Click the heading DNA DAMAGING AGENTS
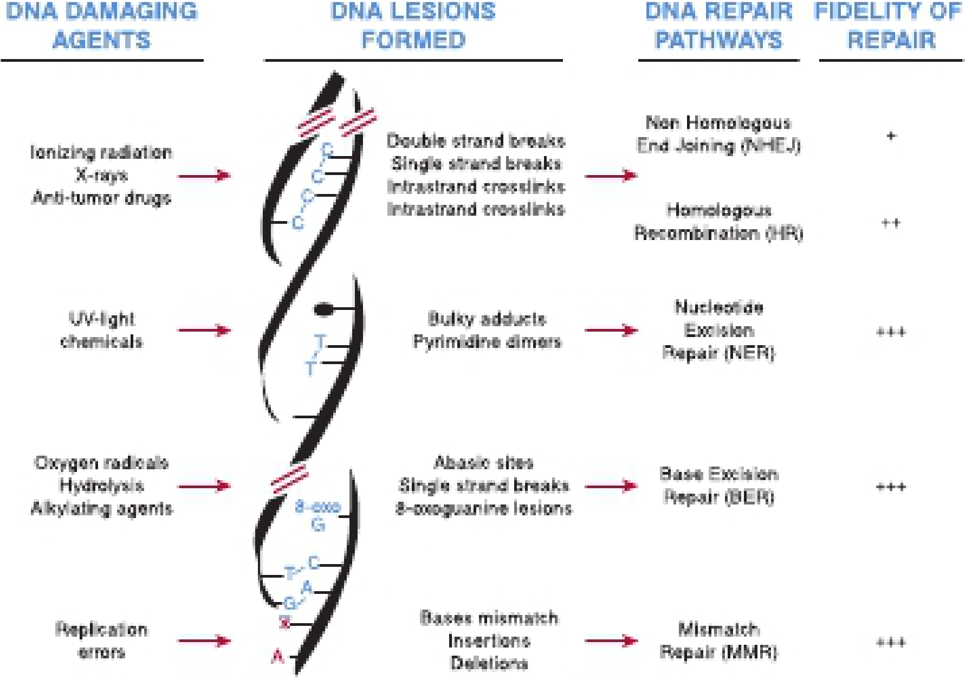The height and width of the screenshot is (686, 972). click(102, 25)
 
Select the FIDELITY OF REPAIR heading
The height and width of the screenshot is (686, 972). click(889, 25)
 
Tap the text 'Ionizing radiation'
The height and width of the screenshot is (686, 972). click(101, 152)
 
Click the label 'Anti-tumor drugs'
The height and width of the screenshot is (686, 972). click(101, 198)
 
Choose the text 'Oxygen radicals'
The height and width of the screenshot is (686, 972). click(101, 463)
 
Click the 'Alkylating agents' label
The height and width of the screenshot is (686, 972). click(102, 508)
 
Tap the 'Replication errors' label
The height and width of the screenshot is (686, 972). click(101, 640)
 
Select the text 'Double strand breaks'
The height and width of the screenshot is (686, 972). click(476, 141)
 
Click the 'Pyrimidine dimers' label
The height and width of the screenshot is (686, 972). click(487, 341)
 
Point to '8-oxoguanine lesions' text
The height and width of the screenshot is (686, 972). click(483, 509)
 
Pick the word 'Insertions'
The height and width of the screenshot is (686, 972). click(489, 640)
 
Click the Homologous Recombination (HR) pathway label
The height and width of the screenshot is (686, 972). click(718, 222)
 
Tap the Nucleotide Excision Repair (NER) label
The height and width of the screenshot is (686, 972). click(719, 330)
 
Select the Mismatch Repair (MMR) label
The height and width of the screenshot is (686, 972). click(719, 640)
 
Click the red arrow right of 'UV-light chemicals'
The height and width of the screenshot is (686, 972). click(204, 330)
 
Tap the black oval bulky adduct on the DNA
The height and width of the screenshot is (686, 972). click(323, 309)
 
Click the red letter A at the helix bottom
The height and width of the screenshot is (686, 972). click(278, 657)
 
